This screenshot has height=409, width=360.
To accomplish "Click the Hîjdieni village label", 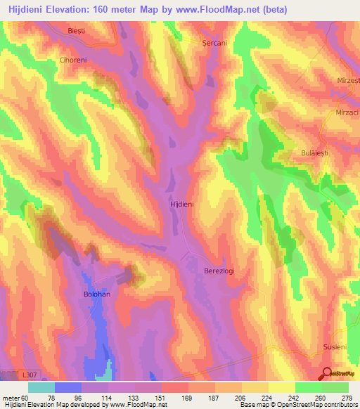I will point(182,203).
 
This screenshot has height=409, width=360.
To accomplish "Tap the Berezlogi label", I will point(219,270).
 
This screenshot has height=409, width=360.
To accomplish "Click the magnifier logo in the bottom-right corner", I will point(328,372).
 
